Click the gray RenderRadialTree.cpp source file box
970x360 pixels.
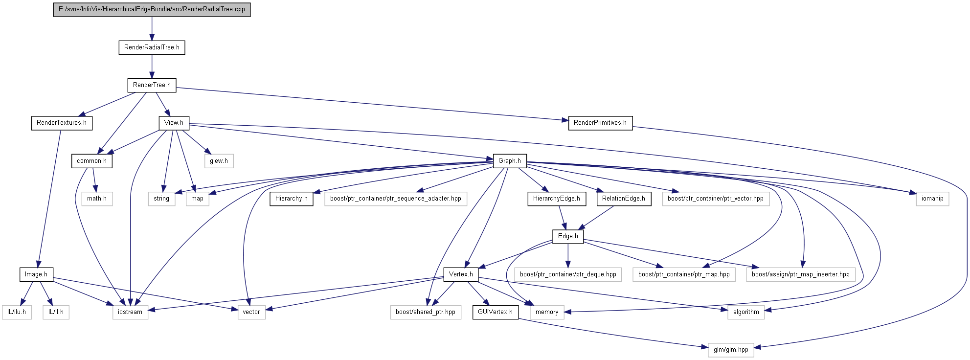coord(152,9)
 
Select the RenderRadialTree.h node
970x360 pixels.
coord(152,47)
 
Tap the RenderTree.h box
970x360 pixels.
coord(152,85)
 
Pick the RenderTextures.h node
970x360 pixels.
coord(62,123)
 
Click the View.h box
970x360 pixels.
coord(174,123)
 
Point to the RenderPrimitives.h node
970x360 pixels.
coord(600,123)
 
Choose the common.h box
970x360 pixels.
coord(92,161)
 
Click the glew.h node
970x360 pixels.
coord(219,161)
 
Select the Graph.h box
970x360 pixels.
coord(510,161)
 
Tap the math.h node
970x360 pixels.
coord(97,199)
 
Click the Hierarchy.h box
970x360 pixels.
coord(292,199)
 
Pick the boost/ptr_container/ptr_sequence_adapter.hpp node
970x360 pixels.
coord(396,199)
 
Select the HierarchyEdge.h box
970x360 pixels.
coord(557,199)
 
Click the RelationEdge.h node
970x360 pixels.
coord(624,199)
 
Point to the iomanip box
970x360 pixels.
coord(932,199)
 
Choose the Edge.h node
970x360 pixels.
coord(568,236)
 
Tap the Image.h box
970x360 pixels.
coord(36,274)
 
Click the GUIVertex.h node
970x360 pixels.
coord(496,312)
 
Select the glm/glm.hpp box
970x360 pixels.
coord(731,350)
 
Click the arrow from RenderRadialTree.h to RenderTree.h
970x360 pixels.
coord(152,66)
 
